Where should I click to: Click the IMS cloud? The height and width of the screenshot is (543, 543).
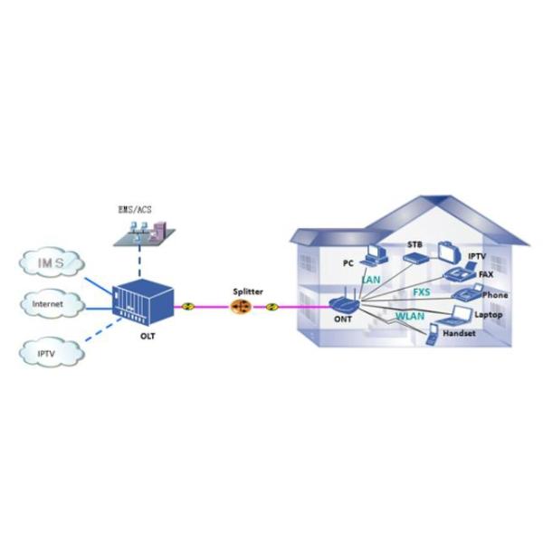pos(52,263)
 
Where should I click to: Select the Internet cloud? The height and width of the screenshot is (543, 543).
pos(49,305)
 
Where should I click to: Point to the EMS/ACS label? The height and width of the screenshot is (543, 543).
pos(136,209)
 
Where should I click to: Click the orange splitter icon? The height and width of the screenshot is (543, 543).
pos(241,308)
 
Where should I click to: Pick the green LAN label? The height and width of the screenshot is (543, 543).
pos(370,281)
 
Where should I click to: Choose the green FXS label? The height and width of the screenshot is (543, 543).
pos(422,293)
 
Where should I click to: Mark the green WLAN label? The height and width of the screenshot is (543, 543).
pos(411,317)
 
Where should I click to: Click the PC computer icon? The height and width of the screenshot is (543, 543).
pos(373,256)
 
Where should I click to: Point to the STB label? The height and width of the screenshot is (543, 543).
pos(415,245)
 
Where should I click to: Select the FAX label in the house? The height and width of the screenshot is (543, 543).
pos(485,273)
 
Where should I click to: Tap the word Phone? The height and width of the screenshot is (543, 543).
pos(494,295)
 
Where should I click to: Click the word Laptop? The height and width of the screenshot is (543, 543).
pos(489,315)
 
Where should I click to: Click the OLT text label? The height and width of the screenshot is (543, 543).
pos(147,334)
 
